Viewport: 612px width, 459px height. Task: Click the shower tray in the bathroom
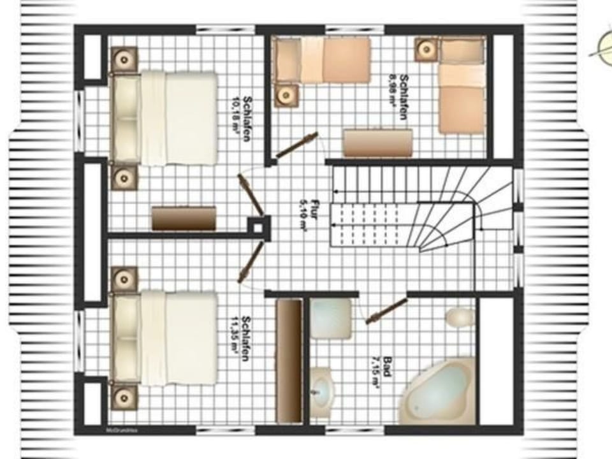(x=331, y=318)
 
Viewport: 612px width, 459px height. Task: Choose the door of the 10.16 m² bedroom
(x=251, y=195)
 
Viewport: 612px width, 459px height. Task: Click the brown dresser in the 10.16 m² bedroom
(x=184, y=218)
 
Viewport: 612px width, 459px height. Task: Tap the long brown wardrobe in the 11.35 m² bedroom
(x=289, y=360)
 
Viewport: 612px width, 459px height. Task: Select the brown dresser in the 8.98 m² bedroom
(x=377, y=143)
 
